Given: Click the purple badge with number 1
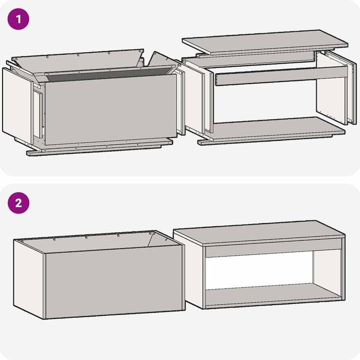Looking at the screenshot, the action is [x=18, y=19].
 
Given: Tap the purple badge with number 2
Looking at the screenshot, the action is [x=18, y=203].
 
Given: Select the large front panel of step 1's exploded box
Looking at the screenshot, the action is [x=111, y=109].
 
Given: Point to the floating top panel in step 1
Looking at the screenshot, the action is [x=265, y=42].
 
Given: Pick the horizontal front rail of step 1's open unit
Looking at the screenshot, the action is [x=281, y=76].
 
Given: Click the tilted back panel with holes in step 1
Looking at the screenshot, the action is [x=77, y=61].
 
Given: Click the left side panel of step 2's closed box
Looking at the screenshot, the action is [x=29, y=279].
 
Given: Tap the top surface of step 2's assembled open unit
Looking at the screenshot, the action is [x=259, y=233].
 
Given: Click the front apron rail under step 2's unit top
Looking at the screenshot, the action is [x=273, y=248].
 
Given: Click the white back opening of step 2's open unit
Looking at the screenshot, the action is [x=259, y=270].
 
